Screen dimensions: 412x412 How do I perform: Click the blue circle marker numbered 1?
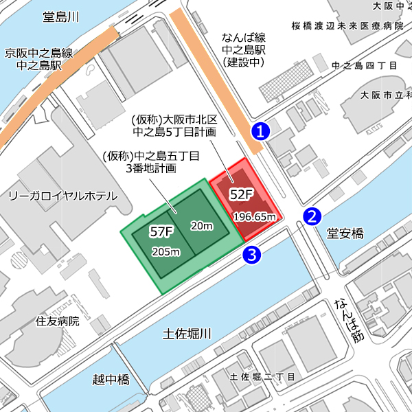coord(260,130)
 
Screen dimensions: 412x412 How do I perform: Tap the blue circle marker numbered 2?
coord(312,217)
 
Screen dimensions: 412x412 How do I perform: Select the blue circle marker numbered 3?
coord(252,255)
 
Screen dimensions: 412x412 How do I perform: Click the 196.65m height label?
coord(255,216)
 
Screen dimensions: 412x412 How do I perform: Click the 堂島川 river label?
coord(61,17)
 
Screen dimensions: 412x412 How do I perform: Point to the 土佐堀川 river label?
coord(187,334)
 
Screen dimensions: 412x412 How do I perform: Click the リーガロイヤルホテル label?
coord(62,196)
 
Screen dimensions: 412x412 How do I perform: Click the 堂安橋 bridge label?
coord(345,234)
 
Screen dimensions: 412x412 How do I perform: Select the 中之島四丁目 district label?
coord(365,66)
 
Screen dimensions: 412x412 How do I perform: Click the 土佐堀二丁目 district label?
coord(262,377)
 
